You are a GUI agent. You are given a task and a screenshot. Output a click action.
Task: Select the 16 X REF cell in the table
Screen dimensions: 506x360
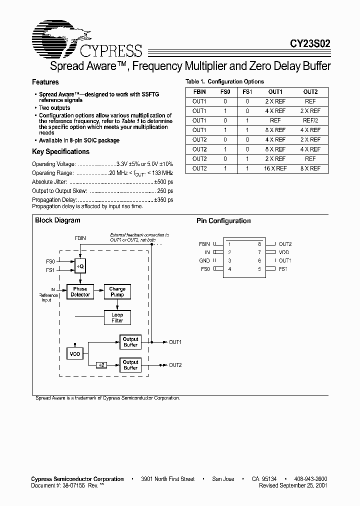275,168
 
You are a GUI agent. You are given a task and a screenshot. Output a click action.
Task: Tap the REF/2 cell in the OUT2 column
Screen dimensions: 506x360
310,120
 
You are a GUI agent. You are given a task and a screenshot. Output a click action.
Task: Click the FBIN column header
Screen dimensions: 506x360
199,92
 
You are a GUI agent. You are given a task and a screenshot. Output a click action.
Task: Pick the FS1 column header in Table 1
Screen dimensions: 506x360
246,92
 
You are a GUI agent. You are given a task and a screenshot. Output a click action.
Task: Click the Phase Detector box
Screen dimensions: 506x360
80,292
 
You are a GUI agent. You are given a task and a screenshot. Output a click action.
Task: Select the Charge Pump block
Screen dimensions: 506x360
117,292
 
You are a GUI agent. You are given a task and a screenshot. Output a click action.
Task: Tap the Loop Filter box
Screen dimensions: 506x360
117,317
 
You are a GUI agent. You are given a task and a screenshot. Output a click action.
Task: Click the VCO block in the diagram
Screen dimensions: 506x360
75,354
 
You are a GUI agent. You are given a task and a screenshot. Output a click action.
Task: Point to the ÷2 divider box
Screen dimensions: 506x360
101,365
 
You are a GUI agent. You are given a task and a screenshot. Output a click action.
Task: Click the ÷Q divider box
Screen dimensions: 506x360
80,267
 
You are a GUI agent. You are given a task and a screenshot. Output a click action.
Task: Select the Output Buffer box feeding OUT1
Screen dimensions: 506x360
130,342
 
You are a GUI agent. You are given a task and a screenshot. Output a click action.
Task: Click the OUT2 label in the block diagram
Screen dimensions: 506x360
175,365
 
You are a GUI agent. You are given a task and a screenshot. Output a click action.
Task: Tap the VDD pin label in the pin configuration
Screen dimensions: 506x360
284,252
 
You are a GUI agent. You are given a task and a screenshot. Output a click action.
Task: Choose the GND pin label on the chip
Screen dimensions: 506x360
204,261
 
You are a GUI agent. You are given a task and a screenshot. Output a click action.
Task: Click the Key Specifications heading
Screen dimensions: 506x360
60,151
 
